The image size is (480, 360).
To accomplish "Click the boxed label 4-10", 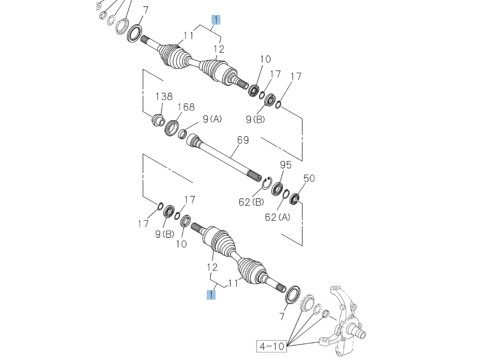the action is (272, 346).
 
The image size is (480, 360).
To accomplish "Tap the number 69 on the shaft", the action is (243, 140).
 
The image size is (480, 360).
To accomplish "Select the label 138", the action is (164, 96).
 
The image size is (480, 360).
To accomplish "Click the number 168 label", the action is (186, 107).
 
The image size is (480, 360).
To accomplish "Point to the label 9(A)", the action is (212, 119).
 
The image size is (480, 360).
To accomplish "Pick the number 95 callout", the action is (285, 165).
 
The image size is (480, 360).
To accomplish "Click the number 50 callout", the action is (309, 178).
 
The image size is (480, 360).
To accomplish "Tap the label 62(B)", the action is (251, 202).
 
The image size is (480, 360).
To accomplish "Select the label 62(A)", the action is (277, 217).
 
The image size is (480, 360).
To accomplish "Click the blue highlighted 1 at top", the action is (216, 20).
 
